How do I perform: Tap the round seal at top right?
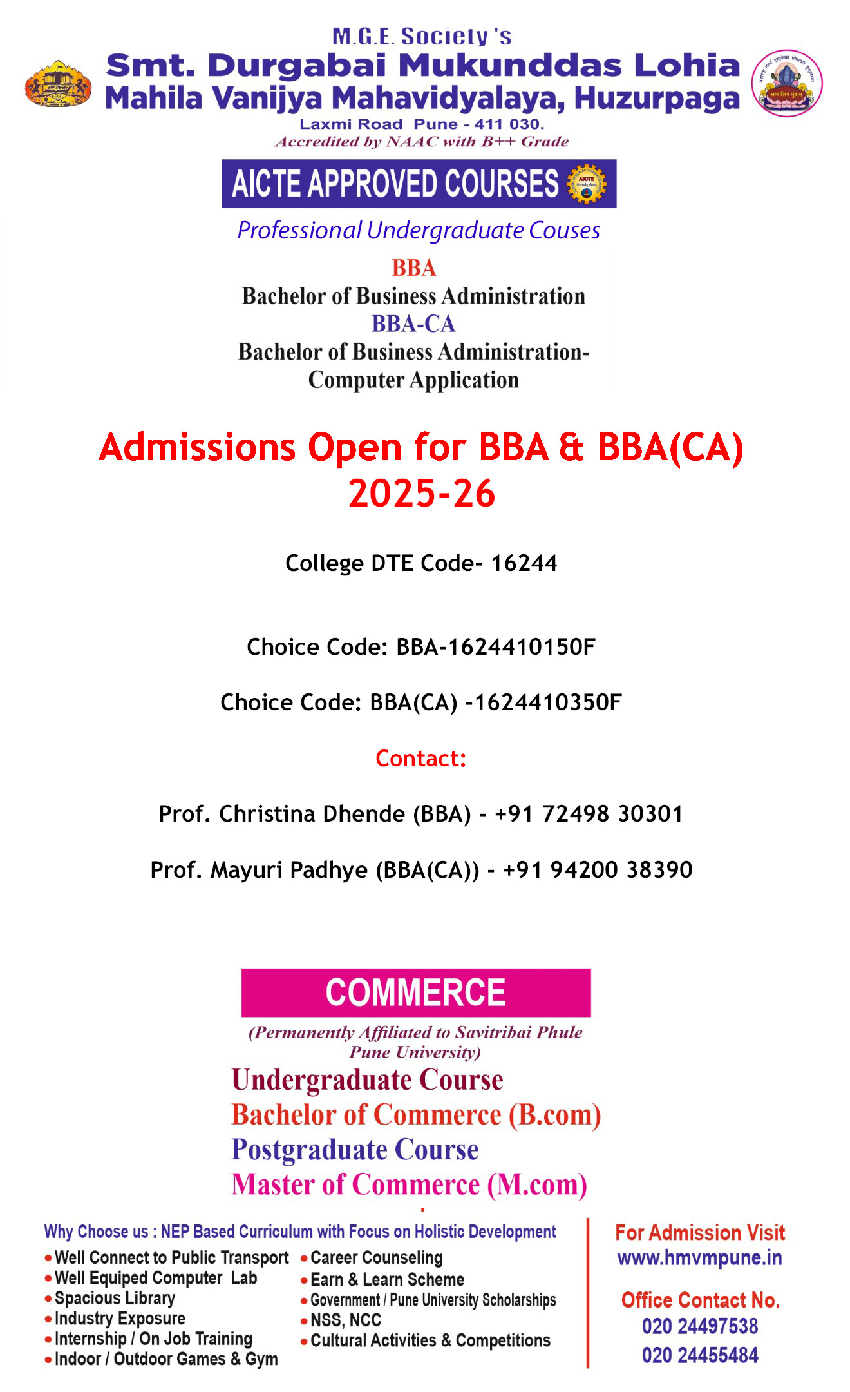click(787, 83)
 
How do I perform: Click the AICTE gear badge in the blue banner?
click(587, 184)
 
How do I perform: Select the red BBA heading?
click(414, 268)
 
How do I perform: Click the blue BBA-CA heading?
click(413, 324)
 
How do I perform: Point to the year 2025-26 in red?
click(422, 494)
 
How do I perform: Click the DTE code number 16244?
click(524, 563)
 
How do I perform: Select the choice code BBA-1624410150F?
click(496, 647)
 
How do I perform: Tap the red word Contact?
click(420, 759)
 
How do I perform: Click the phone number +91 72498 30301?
click(589, 814)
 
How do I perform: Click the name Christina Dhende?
click(312, 814)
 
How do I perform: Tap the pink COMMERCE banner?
click(416, 992)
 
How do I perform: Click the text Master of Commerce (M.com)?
click(409, 1184)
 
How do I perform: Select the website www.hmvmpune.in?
click(699, 1257)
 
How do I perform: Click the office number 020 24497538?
click(700, 1326)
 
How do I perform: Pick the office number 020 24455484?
click(700, 1355)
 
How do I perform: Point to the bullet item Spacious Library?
click(115, 1298)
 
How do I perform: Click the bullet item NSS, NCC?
click(346, 1320)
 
